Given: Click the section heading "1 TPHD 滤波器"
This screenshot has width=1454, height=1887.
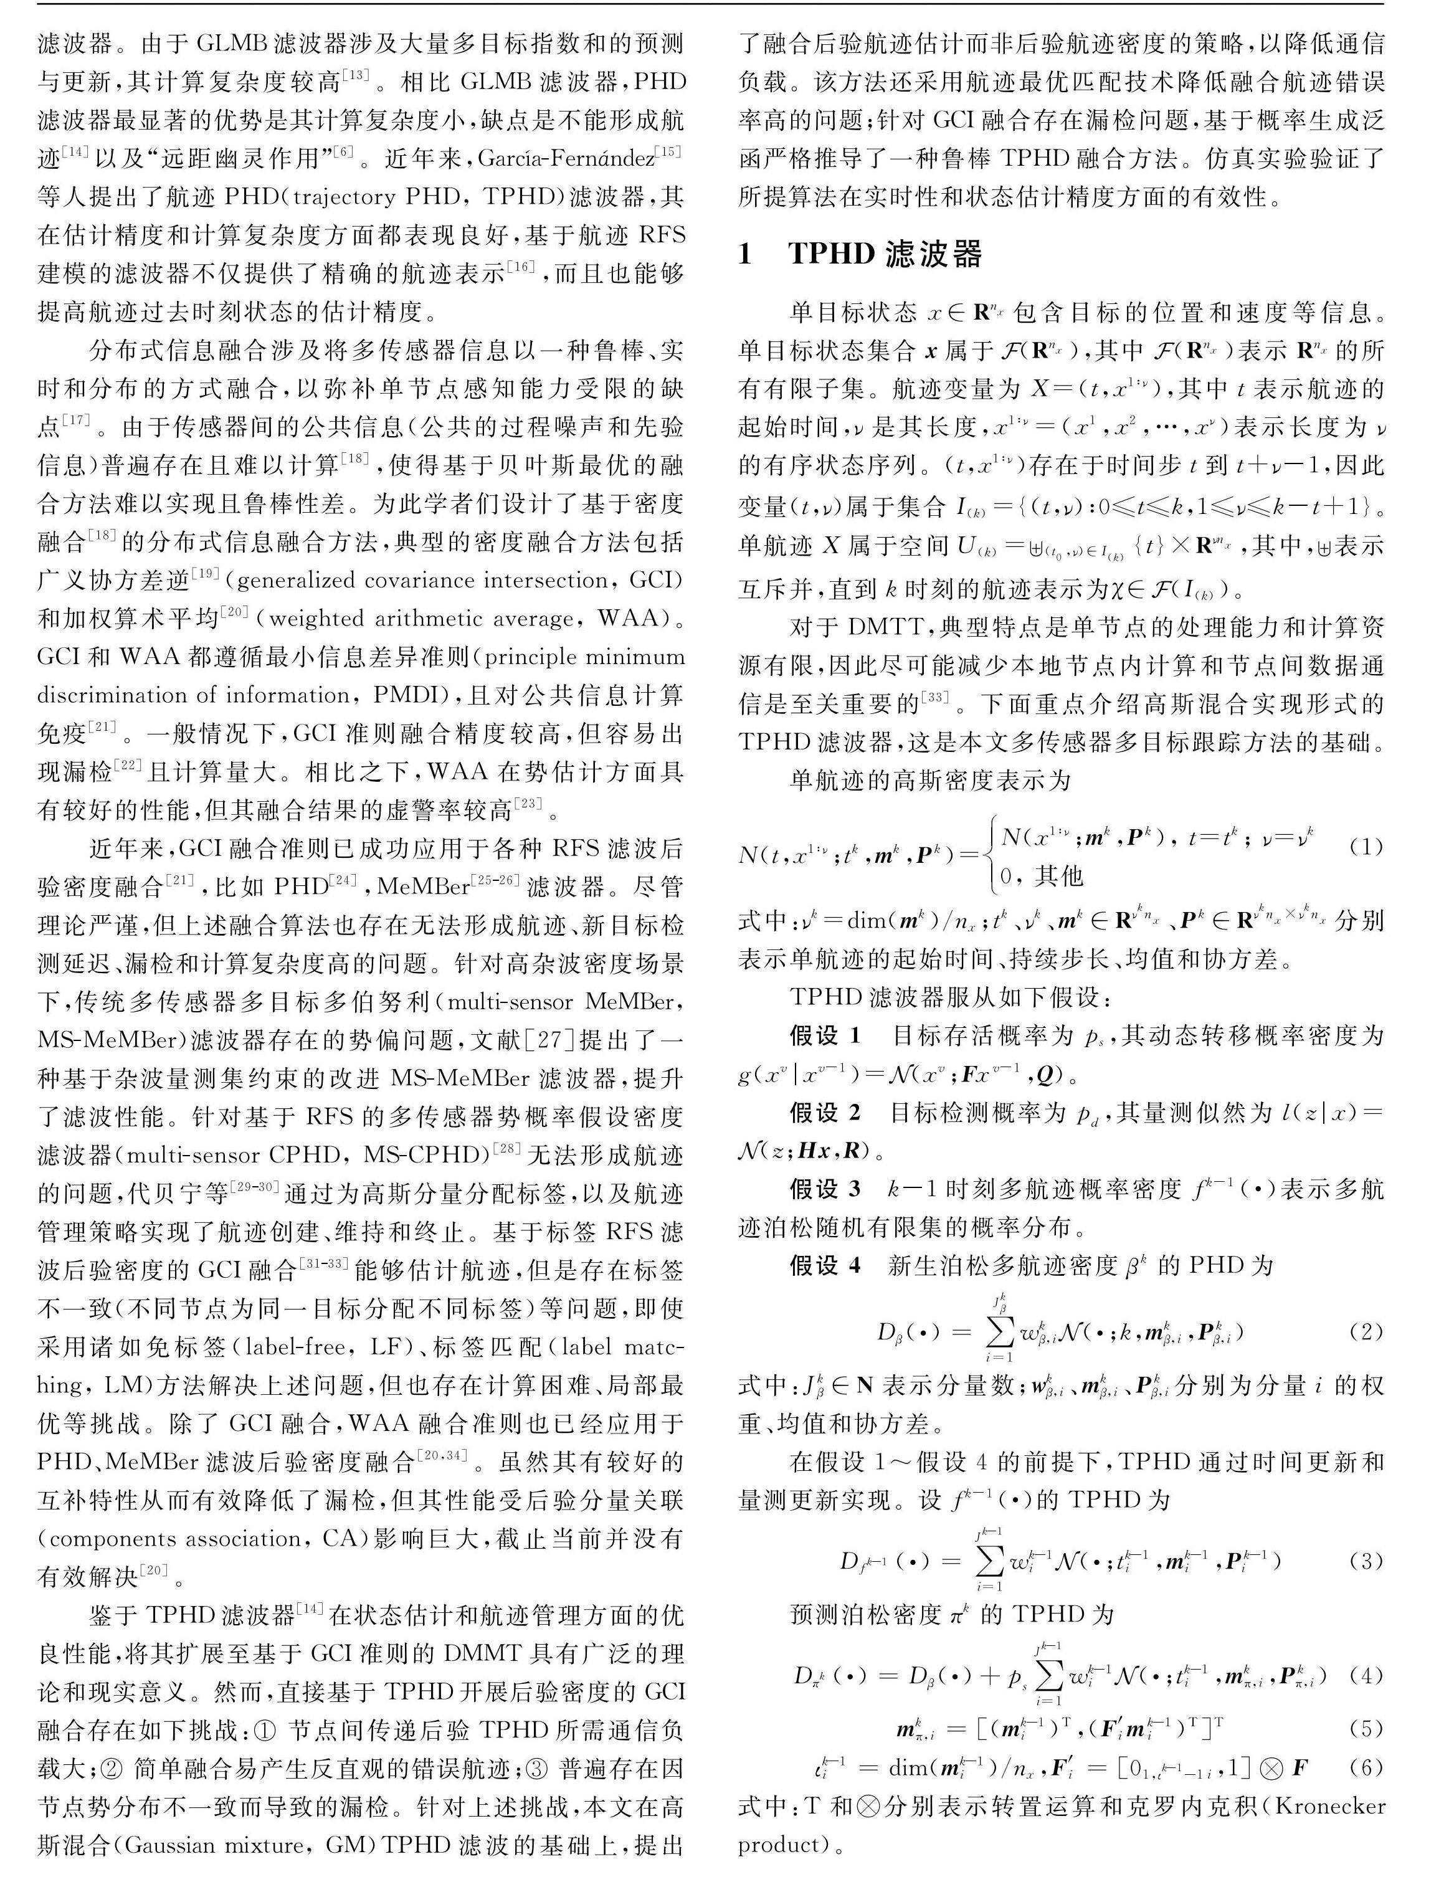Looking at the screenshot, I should click(x=860, y=254).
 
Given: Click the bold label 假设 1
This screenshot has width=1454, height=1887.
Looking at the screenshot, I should click(x=825, y=1035).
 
